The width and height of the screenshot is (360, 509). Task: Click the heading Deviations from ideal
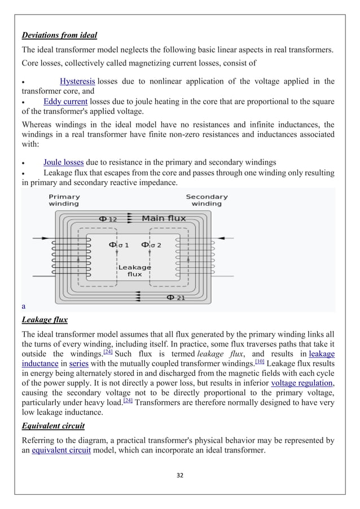pyautogui.click(x=59, y=36)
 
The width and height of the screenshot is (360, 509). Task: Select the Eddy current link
pyautogui.click(x=65, y=102)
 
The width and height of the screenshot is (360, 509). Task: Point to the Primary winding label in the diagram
pyautogui.click(x=64, y=200)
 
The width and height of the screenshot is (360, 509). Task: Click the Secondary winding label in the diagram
pyautogui.click(x=207, y=200)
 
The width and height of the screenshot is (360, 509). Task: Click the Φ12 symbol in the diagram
pyautogui.click(x=108, y=218)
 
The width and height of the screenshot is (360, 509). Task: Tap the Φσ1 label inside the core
pyautogui.click(x=118, y=245)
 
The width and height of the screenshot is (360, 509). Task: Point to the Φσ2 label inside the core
pyautogui.click(x=151, y=245)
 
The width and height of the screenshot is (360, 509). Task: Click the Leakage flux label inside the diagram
pyautogui.click(x=134, y=270)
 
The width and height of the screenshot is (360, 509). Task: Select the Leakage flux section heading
pyautogui.click(x=45, y=320)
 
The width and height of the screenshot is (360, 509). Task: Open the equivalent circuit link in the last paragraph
pyautogui.click(x=61, y=450)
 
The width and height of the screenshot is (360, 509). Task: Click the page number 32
pyautogui.click(x=180, y=476)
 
